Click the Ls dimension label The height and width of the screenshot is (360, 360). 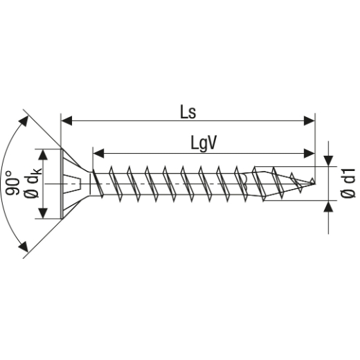(188, 111)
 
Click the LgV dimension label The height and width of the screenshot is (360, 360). (204, 142)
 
